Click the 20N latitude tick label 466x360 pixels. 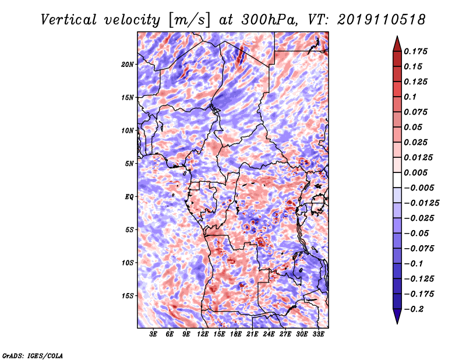click(127, 65)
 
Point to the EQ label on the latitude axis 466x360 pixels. click(129, 197)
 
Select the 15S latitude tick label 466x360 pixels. click(128, 296)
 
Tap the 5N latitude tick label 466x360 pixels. click(129, 164)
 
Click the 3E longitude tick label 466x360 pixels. click(153, 334)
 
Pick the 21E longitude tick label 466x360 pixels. click(252, 334)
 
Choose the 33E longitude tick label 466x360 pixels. click(318, 334)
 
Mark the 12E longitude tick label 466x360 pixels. click(202, 334)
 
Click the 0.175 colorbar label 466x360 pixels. click(415, 51)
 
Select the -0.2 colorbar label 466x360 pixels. click(414, 309)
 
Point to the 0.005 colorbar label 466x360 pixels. click(415, 172)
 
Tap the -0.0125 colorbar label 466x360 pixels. click(421, 203)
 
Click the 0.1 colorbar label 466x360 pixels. click(410, 97)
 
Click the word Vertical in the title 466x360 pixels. click(68, 20)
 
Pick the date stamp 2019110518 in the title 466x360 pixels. click(382, 20)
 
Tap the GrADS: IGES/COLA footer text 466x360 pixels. click(33, 355)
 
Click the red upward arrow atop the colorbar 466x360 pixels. click(397, 44)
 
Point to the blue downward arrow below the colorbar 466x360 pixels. click(397, 316)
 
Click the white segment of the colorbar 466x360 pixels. click(397, 180)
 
